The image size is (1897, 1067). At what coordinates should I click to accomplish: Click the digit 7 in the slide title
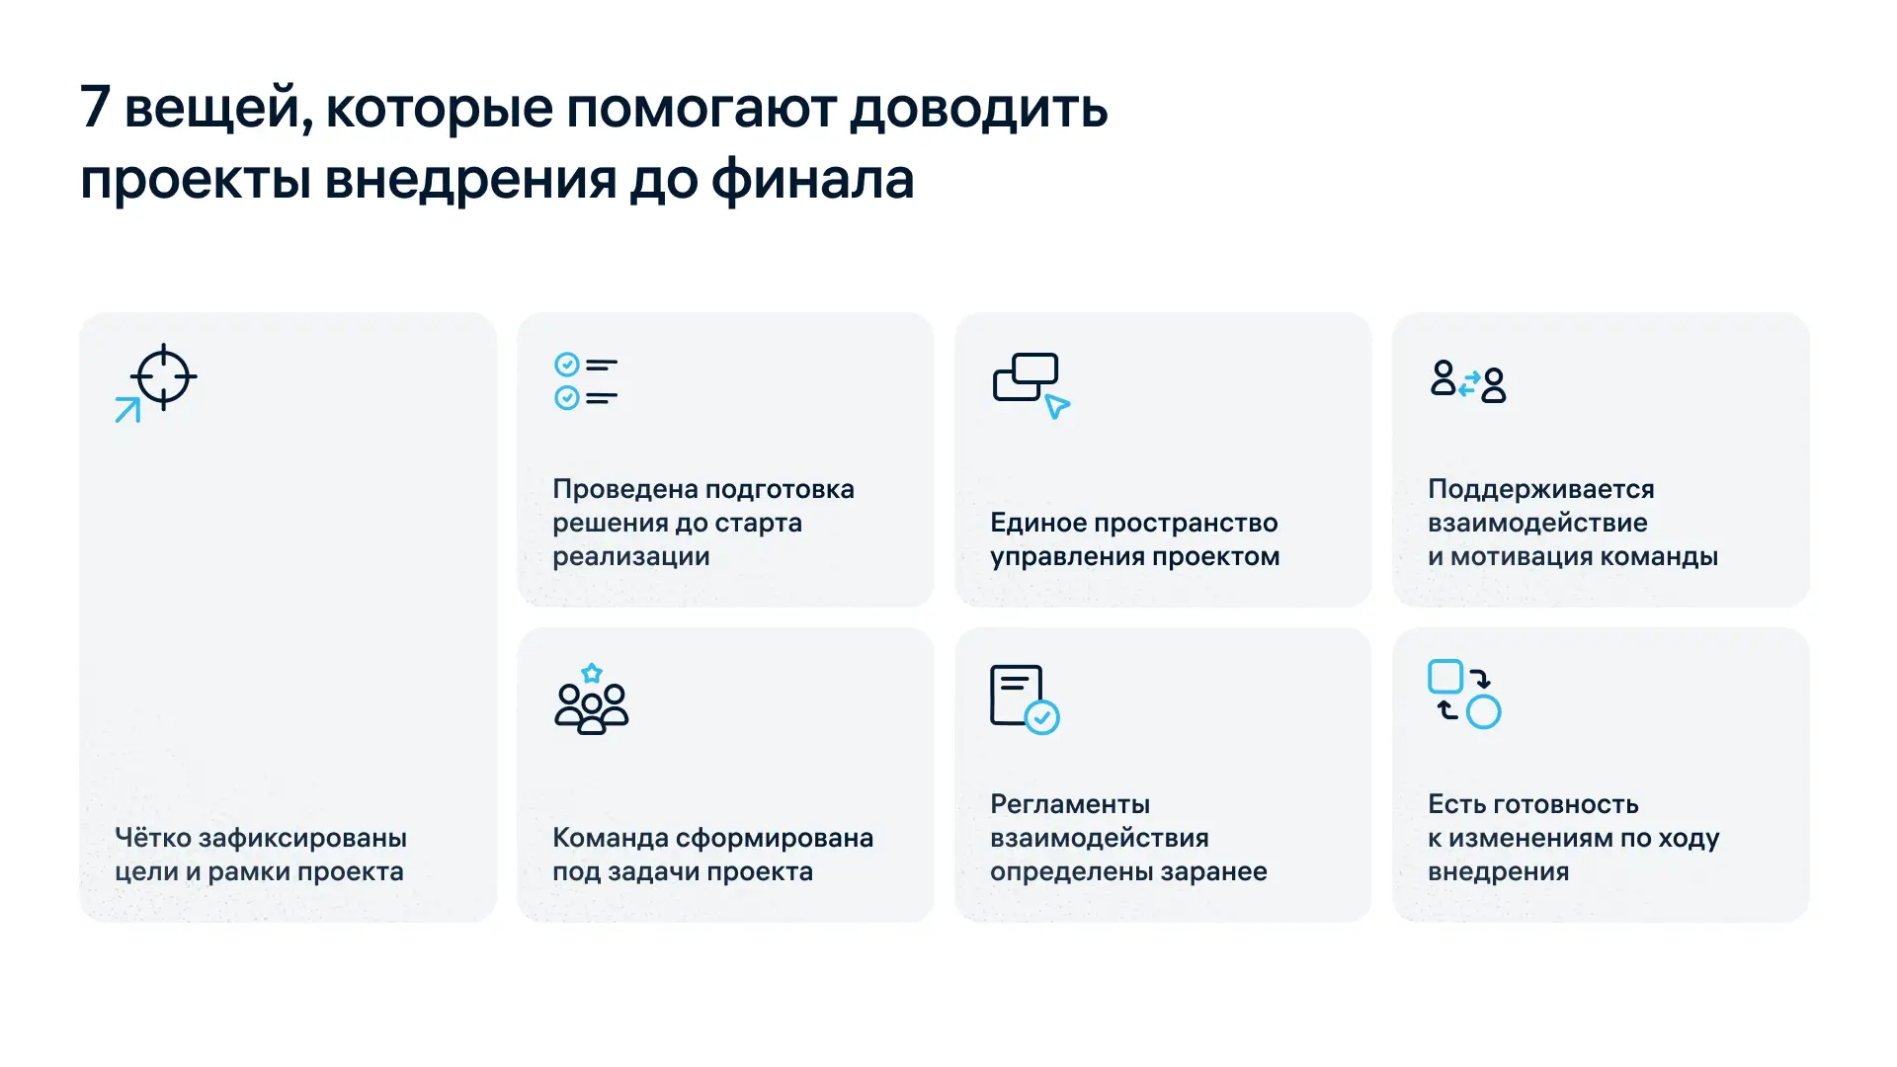click(x=95, y=107)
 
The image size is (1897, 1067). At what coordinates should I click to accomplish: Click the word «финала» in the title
click(x=812, y=180)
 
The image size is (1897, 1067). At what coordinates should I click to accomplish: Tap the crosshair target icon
click(x=163, y=376)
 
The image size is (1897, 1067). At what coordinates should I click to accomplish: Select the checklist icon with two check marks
click(x=586, y=381)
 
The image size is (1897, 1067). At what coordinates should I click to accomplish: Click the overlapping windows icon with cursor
click(x=1031, y=384)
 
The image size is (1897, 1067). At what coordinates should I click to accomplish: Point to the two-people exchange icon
click(x=1468, y=381)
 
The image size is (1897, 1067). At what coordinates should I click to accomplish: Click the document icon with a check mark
click(x=1025, y=699)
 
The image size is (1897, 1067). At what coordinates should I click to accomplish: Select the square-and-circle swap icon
click(x=1464, y=695)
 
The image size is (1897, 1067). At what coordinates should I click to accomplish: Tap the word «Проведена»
click(x=623, y=489)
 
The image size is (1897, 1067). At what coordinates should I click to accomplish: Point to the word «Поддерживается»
click(x=1540, y=489)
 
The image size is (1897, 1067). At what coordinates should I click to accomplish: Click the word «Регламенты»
click(x=1069, y=804)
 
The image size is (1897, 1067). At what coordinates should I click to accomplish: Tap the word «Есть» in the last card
click(x=1456, y=804)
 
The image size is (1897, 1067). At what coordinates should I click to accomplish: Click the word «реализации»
click(x=630, y=556)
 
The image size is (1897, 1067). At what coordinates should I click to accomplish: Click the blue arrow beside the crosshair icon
click(x=127, y=409)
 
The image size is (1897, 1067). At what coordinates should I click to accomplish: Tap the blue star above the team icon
click(x=592, y=674)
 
